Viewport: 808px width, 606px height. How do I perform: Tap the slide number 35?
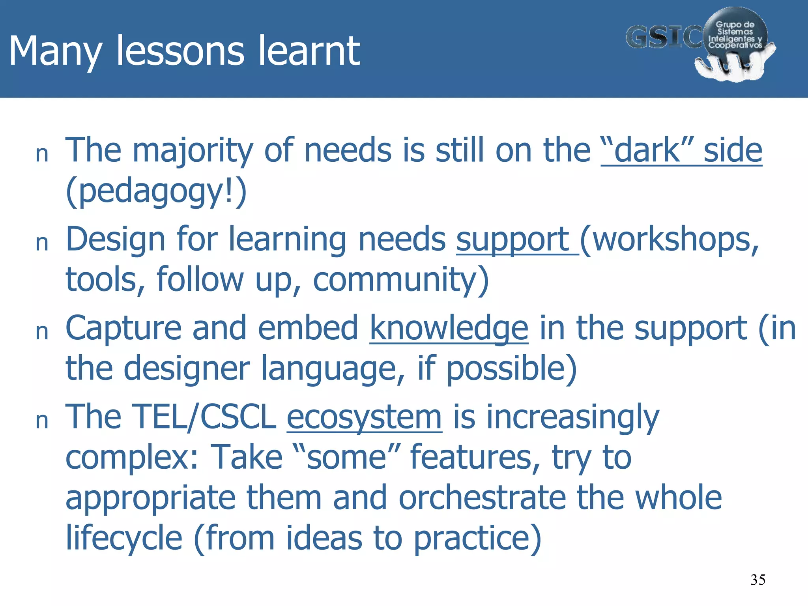pos(757,580)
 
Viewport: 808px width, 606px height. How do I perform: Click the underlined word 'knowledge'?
pos(449,328)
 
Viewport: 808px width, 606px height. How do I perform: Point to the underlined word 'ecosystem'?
pos(364,417)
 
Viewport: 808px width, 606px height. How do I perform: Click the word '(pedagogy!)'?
pos(156,191)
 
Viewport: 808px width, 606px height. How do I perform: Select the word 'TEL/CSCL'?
pos(204,417)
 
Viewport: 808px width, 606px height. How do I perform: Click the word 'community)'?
pos(401,279)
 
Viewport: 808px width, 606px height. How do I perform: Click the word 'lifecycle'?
pos(123,538)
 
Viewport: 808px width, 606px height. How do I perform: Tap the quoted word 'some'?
pos(346,457)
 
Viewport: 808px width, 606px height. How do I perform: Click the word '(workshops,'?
pos(669,239)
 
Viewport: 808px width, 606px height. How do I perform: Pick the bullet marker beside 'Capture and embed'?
pos(42,332)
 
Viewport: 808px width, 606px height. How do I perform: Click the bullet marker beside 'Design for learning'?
pos(42,243)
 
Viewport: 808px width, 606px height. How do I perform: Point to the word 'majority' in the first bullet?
pos(192,151)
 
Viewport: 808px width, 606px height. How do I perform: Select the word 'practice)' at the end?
pos(477,538)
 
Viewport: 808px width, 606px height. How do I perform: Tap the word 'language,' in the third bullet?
pos(333,368)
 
